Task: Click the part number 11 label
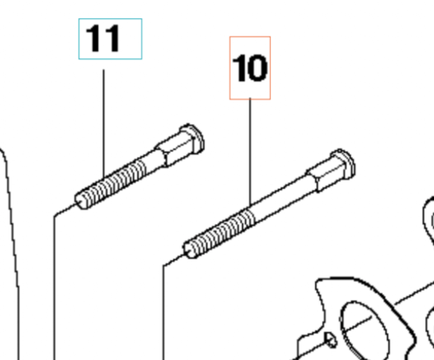coord(102,38)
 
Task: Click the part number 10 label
coord(250,69)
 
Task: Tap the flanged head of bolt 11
coord(193,139)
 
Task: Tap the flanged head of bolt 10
coord(345,164)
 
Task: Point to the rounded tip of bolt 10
coord(189,250)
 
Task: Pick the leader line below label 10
coord(250,152)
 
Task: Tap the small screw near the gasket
coord(331,340)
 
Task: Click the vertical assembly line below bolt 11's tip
coord(55,287)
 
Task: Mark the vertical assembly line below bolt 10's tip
coord(163,312)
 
